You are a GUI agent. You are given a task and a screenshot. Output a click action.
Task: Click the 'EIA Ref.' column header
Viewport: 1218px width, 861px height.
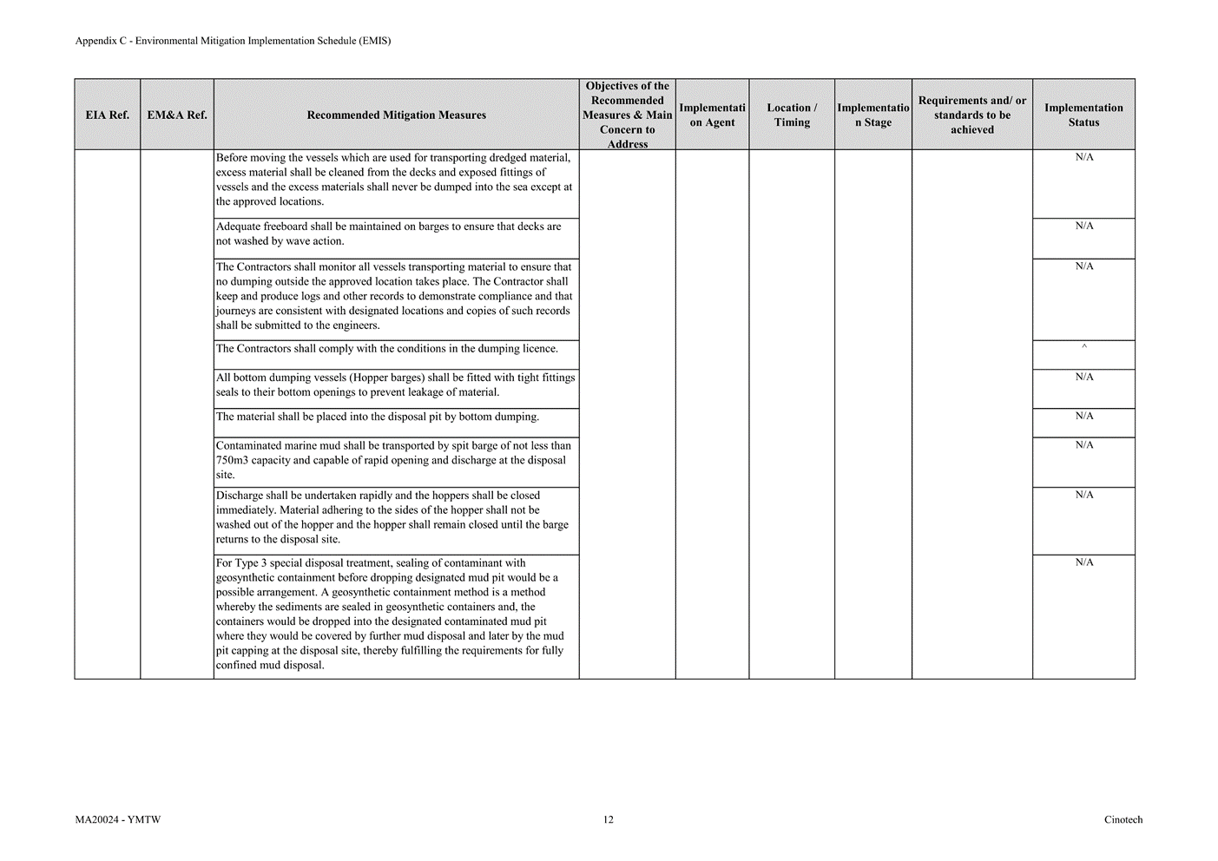click(108, 115)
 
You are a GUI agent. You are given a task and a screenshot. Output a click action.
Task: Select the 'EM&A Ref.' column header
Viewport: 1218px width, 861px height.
click(177, 115)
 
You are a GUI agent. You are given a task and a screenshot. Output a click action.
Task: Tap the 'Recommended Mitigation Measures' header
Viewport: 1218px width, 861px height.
click(396, 115)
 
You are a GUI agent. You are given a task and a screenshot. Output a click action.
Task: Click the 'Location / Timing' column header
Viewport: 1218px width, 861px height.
click(792, 115)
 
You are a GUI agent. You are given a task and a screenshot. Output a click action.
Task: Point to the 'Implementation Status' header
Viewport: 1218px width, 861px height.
click(1083, 115)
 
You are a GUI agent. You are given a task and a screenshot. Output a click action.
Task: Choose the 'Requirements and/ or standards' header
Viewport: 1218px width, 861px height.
click(971, 115)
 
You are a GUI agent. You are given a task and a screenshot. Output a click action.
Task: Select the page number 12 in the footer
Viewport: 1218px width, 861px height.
click(609, 820)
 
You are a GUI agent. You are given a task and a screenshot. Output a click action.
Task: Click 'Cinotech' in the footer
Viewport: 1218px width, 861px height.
click(1123, 820)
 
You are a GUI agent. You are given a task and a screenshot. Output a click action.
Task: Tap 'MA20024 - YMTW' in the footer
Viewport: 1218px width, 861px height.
click(117, 820)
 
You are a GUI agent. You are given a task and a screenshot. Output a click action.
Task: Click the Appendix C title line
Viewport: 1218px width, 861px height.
click(233, 41)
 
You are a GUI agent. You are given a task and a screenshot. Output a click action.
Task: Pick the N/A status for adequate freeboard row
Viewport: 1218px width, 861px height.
click(1084, 227)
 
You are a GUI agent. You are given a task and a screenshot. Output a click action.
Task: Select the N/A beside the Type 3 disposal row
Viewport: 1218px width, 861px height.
click(1084, 563)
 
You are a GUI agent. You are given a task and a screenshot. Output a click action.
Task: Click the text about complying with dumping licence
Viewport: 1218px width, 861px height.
click(386, 349)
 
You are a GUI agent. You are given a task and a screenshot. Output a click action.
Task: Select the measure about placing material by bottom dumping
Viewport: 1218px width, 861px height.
click(377, 417)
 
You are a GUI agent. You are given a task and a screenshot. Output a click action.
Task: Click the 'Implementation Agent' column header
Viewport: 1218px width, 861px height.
click(712, 115)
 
